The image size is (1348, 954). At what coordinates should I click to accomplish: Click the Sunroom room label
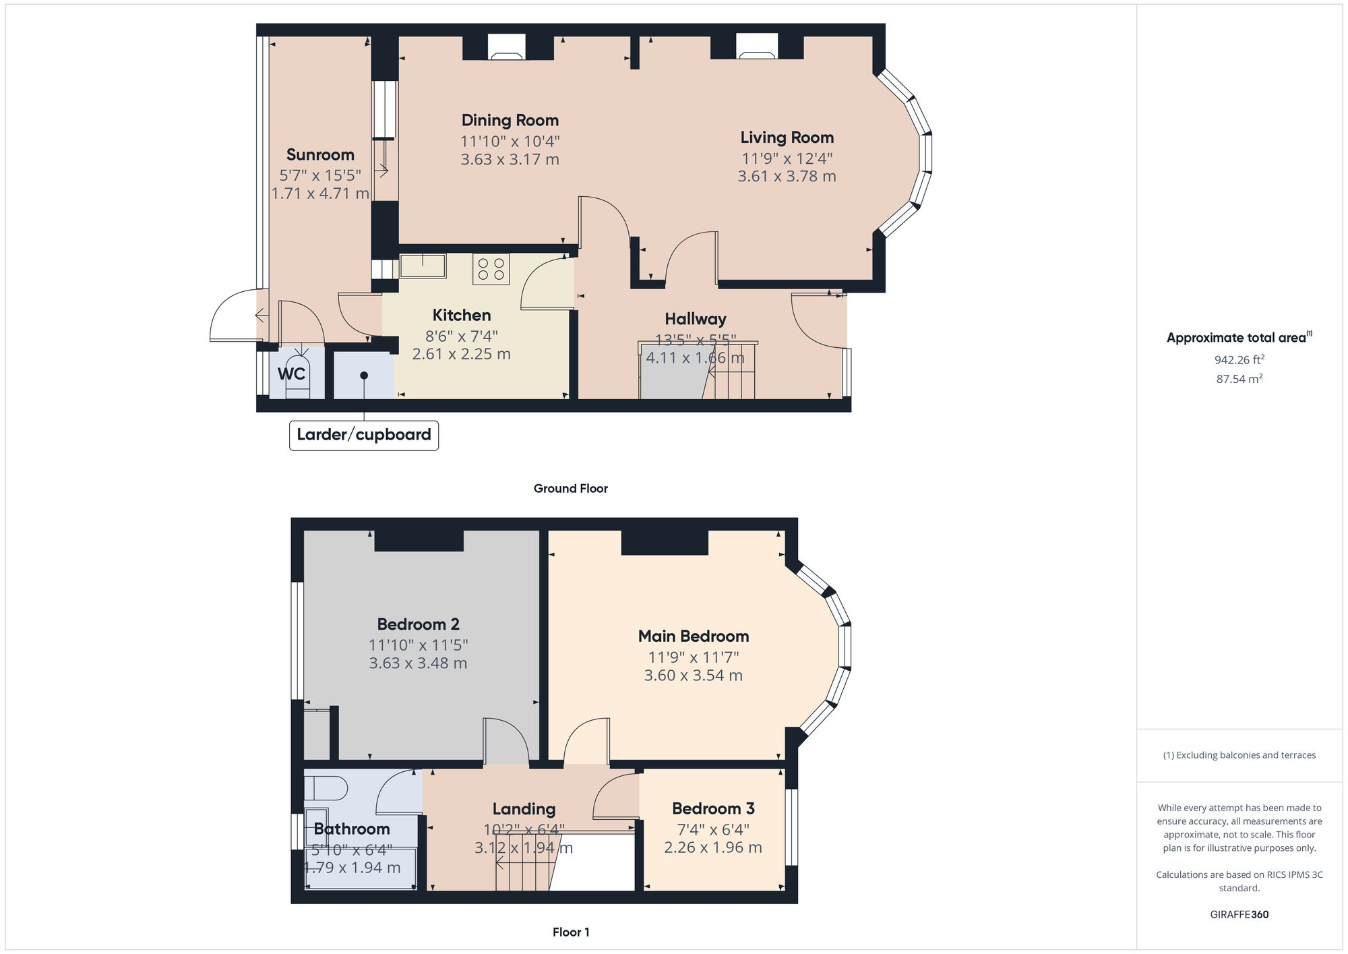tap(320, 154)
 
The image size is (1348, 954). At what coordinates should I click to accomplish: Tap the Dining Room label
tap(510, 121)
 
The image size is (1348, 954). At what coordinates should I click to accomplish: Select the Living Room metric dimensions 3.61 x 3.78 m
tap(787, 177)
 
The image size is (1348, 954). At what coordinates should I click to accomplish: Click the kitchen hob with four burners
tap(491, 269)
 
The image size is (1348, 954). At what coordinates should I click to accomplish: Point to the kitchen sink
tap(423, 266)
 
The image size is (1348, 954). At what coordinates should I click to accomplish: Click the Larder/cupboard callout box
tap(364, 435)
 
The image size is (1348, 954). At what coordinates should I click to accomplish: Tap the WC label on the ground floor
tap(291, 374)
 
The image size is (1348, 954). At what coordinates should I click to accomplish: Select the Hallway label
tap(695, 319)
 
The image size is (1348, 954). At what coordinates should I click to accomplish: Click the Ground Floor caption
tap(570, 489)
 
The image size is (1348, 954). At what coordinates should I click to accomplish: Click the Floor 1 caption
tap(571, 932)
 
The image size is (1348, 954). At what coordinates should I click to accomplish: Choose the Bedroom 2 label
tap(418, 624)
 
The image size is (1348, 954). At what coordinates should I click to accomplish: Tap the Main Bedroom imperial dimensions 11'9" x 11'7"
tap(694, 657)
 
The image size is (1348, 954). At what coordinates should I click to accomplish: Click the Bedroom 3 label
tap(713, 808)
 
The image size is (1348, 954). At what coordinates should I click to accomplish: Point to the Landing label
tap(524, 809)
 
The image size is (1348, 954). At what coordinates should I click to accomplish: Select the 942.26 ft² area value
tap(1239, 360)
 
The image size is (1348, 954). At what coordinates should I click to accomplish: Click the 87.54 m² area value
tap(1239, 379)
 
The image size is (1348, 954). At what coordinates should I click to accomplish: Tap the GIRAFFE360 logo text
tap(1239, 915)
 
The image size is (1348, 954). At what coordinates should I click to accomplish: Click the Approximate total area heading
tap(1237, 338)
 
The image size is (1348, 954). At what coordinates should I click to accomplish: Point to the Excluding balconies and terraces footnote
tap(1239, 755)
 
